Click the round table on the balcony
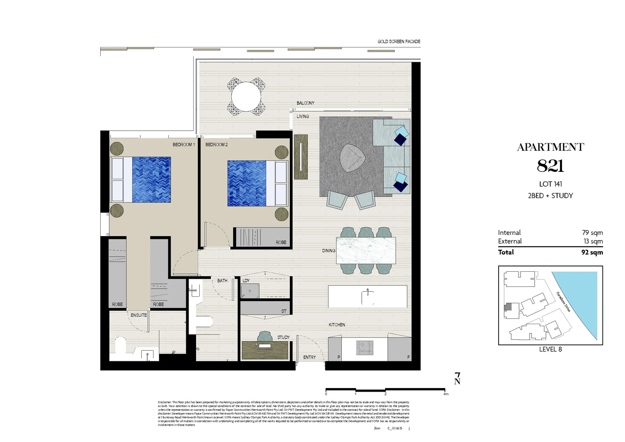coord(246,97)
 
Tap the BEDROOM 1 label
coord(183,145)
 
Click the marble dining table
coord(366,250)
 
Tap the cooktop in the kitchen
coord(364,348)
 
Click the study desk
coord(265,350)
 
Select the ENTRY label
coord(309,357)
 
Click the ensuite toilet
coord(120,346)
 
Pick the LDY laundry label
coord(246,281)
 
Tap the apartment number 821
coord(550,166)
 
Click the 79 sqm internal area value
coord(592,233)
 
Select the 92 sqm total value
coord(592,252)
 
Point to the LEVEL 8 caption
coord(550,349)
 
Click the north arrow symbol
coord(457,379)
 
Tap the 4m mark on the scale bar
coord(445,394)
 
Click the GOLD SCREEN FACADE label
coord(399,42)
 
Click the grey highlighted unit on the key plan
coord(508,307)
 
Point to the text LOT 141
coord(550,184)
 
